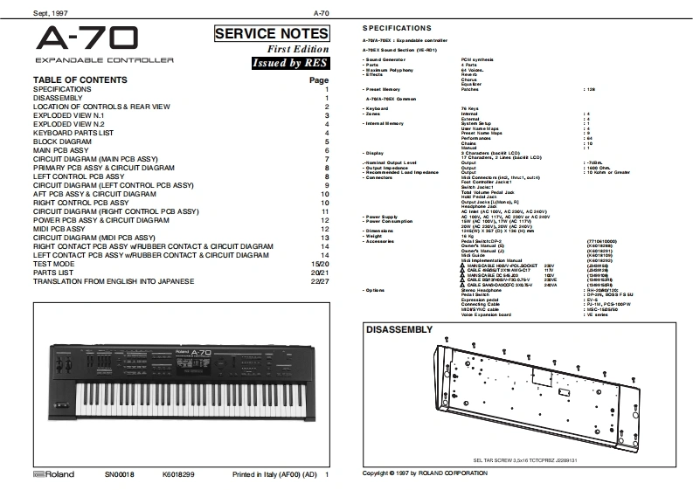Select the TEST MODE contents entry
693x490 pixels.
[53, 264]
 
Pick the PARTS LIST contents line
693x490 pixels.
[54, 272]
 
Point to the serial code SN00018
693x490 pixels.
[121, 473]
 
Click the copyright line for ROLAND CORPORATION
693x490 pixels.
[425, 473]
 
